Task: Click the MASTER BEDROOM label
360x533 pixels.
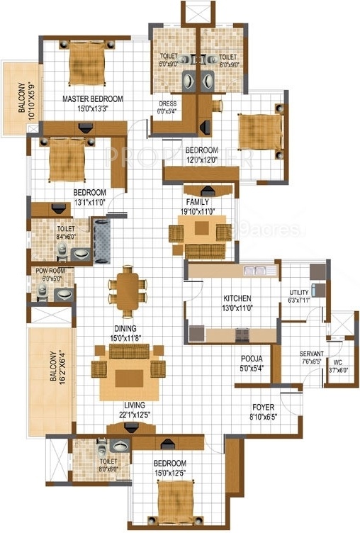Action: [x=93, y=98]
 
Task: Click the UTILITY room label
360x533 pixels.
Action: [x=299, y=292]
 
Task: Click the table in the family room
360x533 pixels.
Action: [x=202, y=228]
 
